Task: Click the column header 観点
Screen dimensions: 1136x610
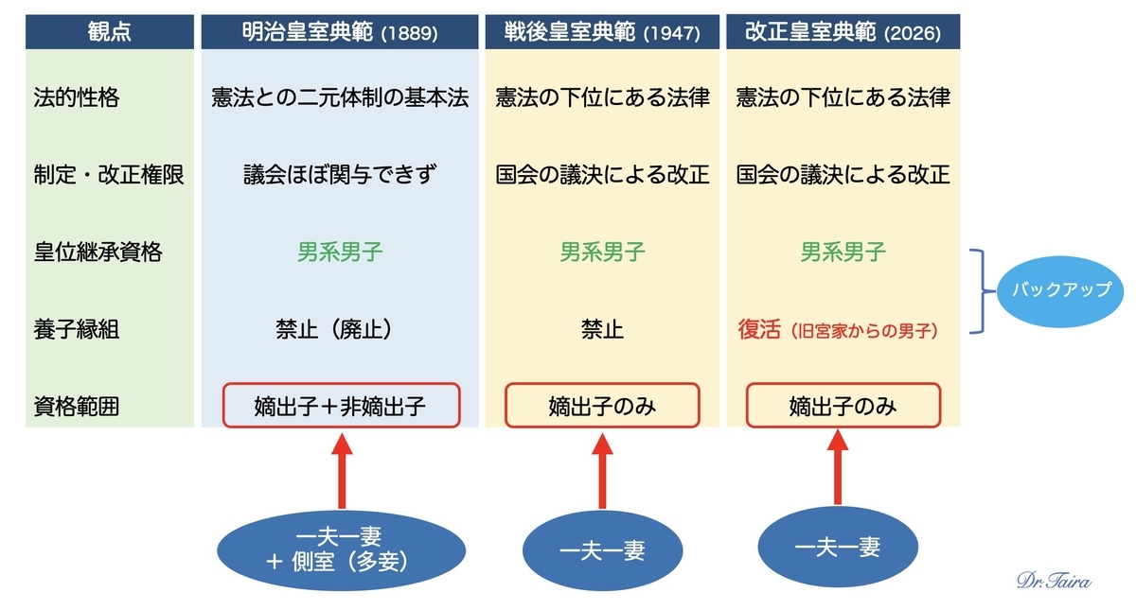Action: [x=110, y=32]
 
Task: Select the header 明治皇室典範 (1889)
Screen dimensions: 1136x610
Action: [x=340, y=32]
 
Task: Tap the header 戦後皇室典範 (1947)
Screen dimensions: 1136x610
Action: [x=602, y=32]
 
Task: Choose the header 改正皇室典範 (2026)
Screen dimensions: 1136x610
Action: [x=843, y=32]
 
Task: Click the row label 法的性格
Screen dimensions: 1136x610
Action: [x=77, y=97]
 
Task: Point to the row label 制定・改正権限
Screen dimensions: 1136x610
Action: [x=109, y=175]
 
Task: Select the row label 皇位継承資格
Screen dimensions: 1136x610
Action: [x=98, y=252]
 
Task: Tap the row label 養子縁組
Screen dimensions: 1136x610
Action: [x=77, y=329]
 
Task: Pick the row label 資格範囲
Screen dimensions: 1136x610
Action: [x=77, y=407]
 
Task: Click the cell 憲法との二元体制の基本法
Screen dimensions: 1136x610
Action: [x=340, y=97]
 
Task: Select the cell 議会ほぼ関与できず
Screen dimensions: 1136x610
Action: [x=340, y=175]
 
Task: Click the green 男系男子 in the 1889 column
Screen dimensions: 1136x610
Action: [x=340, y=252]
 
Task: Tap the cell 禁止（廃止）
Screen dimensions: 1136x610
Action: [x=335, y=329]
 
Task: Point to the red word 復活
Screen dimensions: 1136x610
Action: [x=759, y=329]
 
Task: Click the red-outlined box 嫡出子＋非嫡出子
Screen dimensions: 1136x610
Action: [x=342, y=406]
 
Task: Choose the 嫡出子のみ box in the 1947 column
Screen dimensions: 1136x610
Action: [x=602, y=406]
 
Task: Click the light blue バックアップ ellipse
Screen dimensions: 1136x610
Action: [x=1060, y=291]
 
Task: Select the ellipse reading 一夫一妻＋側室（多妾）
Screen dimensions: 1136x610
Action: [x=342, y=550]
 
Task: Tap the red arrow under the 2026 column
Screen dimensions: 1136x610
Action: [x=838, y=467]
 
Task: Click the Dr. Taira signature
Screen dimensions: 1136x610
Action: [x=1055, y=580]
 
